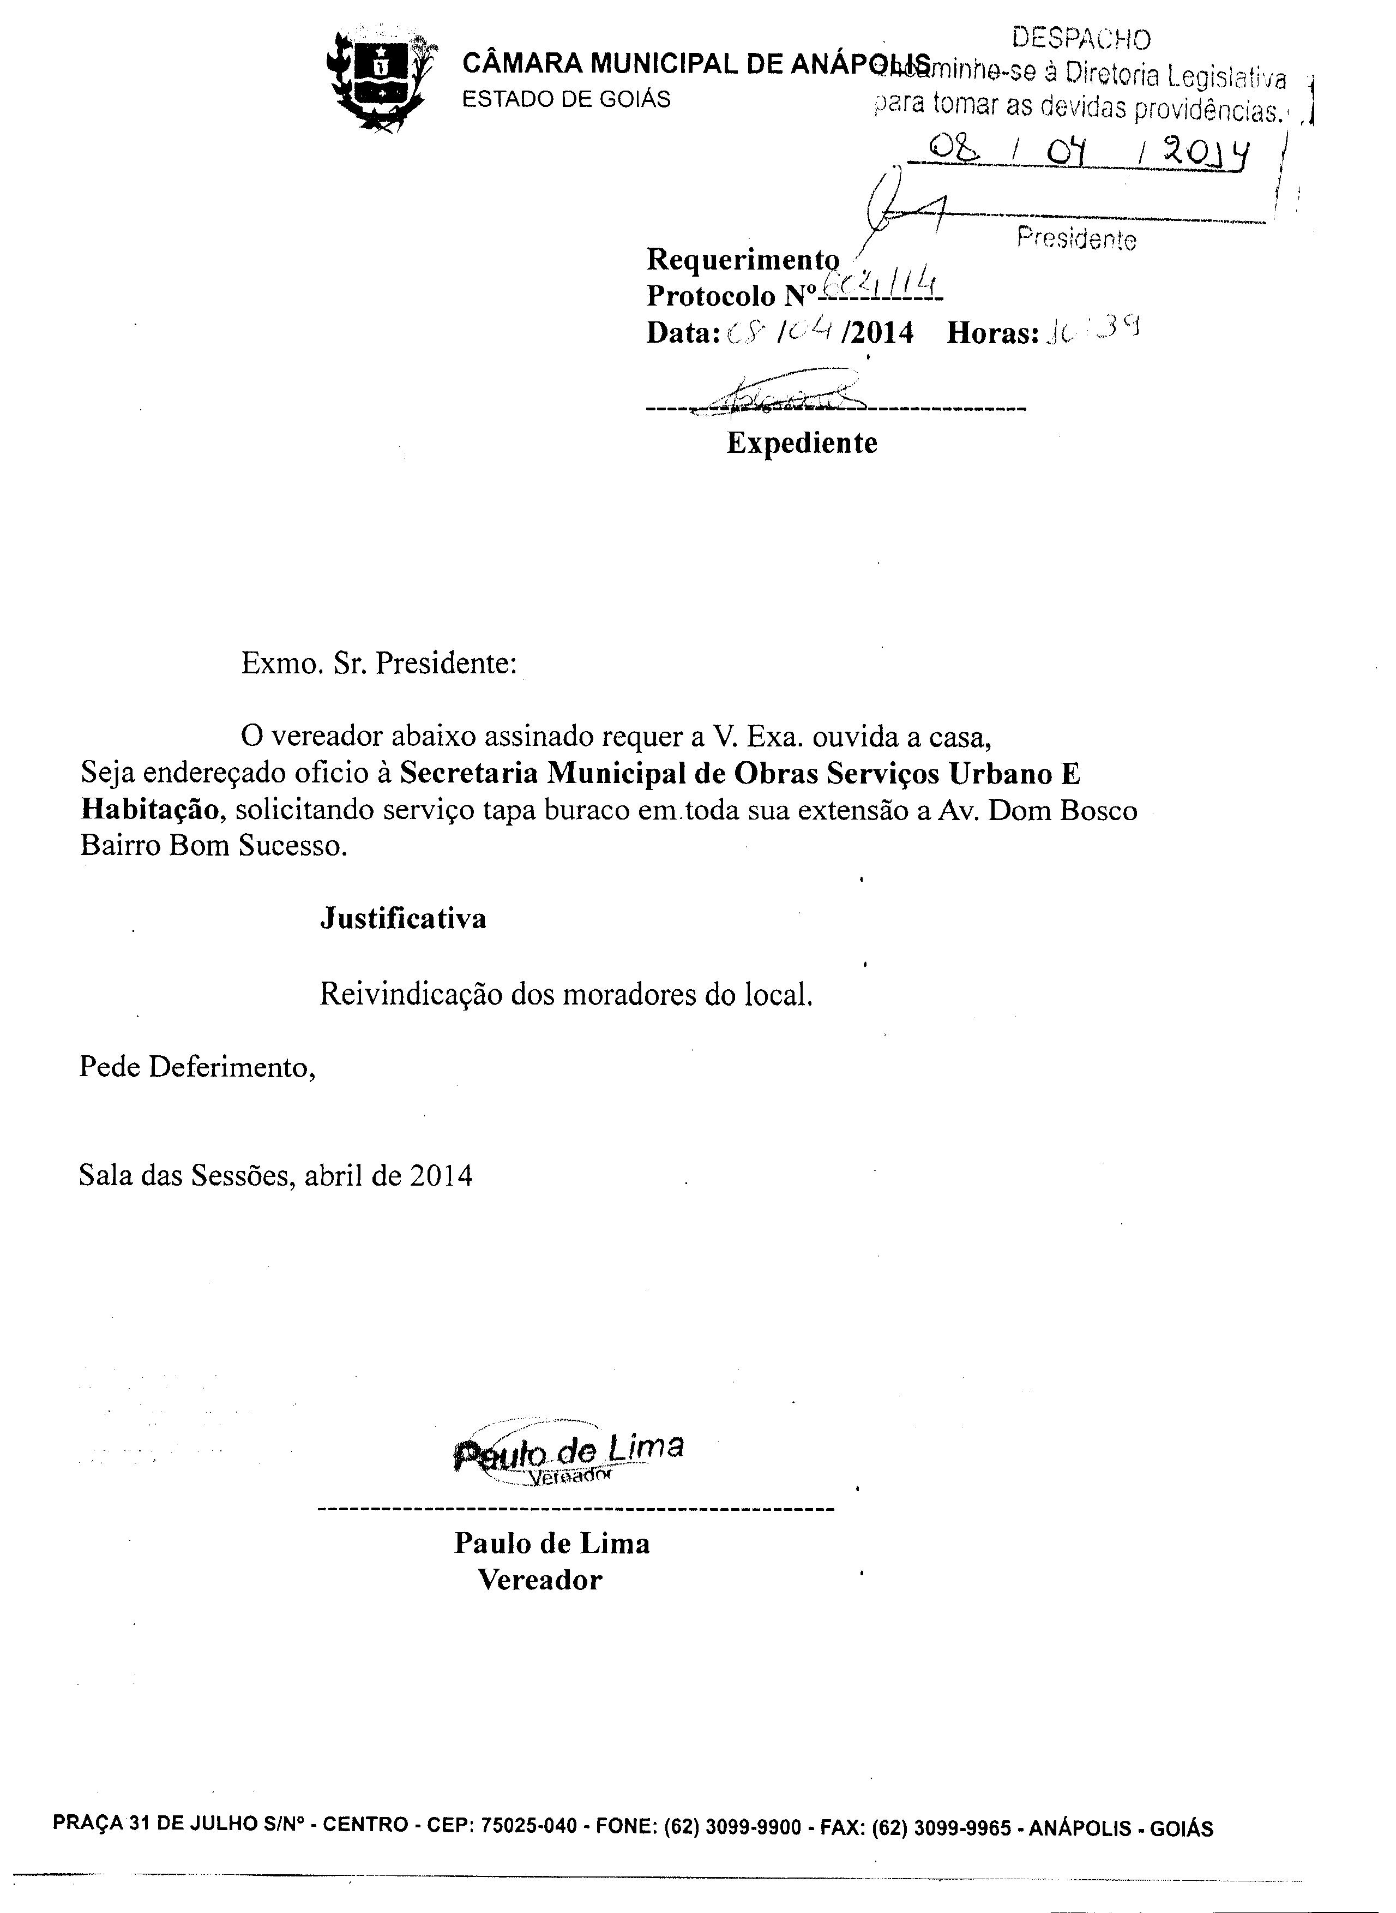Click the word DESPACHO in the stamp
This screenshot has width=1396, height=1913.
1081,39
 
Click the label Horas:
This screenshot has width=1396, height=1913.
992,333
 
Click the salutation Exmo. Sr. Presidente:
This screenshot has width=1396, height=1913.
378,663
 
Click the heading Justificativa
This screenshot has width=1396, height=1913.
402,918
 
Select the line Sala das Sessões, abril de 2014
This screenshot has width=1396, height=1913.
275,1175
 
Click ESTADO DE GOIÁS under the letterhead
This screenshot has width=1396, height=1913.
566,99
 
